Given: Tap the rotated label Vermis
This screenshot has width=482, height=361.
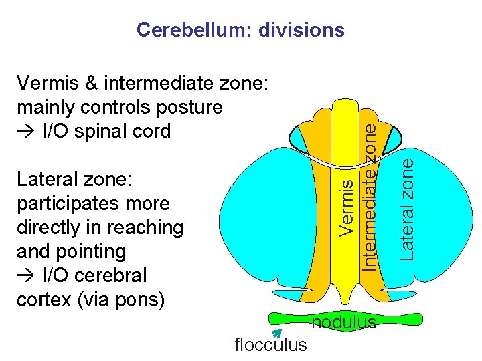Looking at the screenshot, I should [x=346, y=205].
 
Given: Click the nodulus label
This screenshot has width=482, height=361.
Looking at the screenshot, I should [x=344, y=323].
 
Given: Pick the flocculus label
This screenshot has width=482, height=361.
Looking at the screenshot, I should [x=271, y=345].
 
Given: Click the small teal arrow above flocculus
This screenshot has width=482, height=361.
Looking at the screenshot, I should [x=275, y=333].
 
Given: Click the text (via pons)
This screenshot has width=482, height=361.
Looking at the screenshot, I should [x=127, y=299].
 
